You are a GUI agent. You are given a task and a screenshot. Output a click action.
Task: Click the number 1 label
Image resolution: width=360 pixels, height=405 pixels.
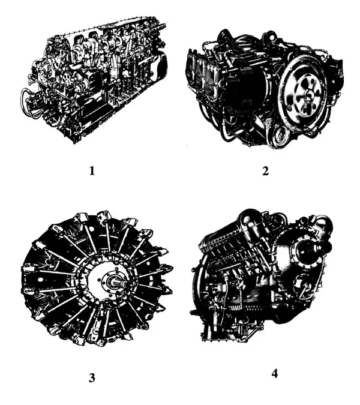[x=92, y=171]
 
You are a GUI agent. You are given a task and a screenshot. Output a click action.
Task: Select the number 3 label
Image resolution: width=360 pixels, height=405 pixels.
[x=92, y=377]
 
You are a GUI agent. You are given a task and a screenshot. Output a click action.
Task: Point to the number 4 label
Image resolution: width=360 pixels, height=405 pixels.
[x=274, y=373]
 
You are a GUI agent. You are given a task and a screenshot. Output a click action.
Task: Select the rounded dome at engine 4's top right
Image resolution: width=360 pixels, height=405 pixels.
[x=324, y=224]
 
